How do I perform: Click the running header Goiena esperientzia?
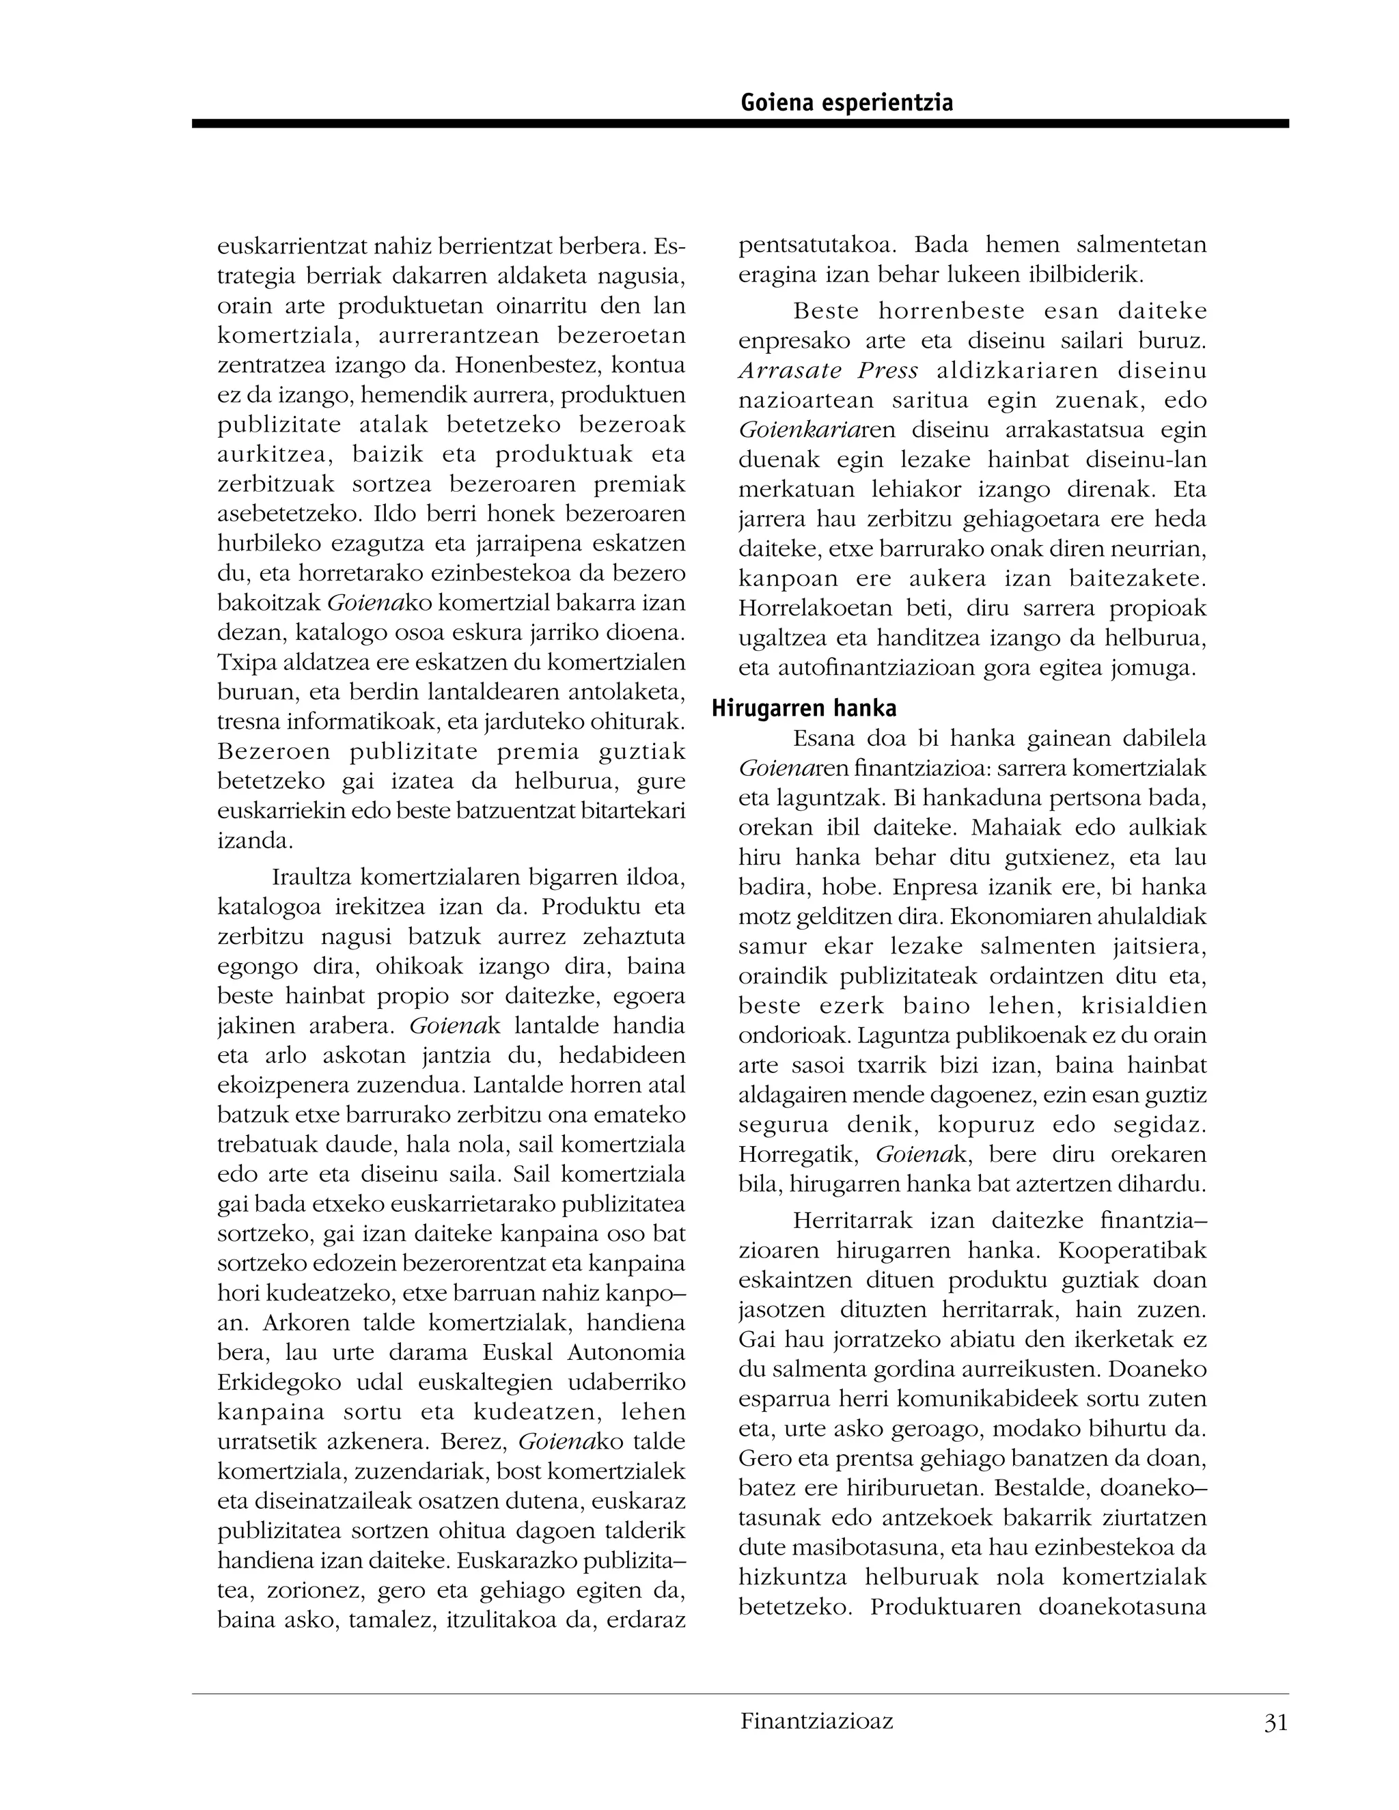(846, 102)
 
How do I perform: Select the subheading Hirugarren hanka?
(804, 708)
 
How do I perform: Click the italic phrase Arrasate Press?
(828, 370)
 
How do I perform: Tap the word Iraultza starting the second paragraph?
(311, 878)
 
